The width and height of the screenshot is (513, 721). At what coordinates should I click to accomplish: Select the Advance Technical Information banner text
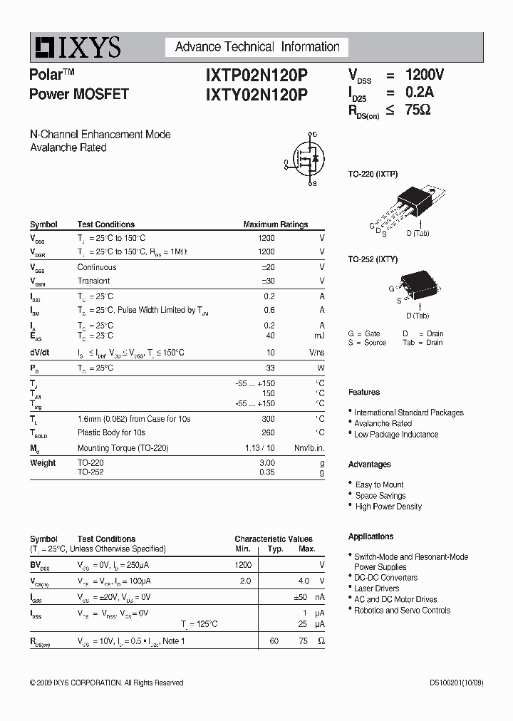coord(257,47)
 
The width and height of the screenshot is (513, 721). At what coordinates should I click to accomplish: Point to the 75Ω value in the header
coord(418,110)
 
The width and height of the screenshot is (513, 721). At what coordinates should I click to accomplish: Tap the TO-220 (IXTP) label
coord(373,174)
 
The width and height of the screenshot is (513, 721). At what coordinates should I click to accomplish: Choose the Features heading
coord(364,392)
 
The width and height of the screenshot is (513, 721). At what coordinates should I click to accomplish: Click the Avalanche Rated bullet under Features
coord(383,423)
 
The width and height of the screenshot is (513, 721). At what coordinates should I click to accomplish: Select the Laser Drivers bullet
coord(376,588)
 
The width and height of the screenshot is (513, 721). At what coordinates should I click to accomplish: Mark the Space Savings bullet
coord(380,495)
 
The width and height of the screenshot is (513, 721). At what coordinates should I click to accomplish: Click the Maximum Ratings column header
coord(275,224)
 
